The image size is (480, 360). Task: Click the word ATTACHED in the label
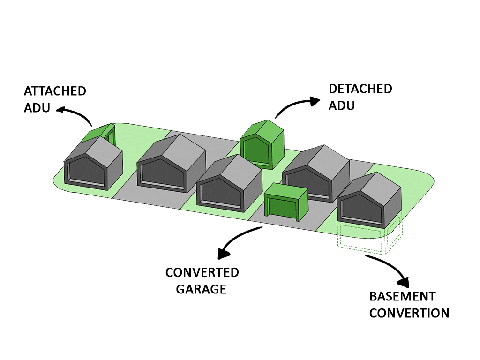(x=55, y=91)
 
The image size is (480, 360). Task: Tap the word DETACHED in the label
(x=360, y=89)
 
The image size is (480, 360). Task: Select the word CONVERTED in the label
(x=202, y=272)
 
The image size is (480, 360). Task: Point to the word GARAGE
(x=201, y=289)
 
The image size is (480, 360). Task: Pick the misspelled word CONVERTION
(x=409, y=313)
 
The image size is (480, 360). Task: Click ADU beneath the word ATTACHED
(x=37, y=107)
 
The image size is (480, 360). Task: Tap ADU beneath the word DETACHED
(x=342, y=105)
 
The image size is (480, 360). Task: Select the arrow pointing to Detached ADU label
(x=295, y=104)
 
